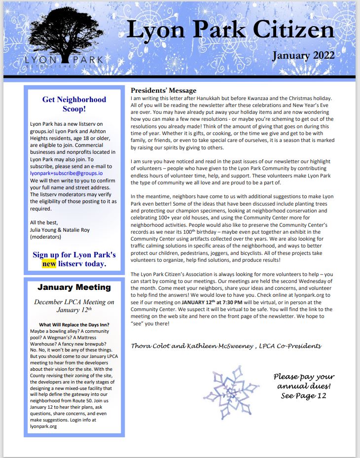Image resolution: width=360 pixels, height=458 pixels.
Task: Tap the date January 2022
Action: coord(303,55)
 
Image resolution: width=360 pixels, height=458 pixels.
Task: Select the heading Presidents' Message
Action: coord(163,90)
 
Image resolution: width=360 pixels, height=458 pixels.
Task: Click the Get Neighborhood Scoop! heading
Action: coord(74,104)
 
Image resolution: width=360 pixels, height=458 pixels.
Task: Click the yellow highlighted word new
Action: coord(49,264)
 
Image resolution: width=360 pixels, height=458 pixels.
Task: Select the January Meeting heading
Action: coord(74,287)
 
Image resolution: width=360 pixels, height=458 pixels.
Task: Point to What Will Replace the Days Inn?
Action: coord(74,324)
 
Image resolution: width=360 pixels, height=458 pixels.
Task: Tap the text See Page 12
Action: coord(303,395)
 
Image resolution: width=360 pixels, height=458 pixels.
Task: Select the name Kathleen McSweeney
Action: coord(224,346)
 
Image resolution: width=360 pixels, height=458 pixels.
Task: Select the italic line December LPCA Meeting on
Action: coord(74,302)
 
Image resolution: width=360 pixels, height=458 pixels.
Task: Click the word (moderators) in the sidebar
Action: coord(46,237)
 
